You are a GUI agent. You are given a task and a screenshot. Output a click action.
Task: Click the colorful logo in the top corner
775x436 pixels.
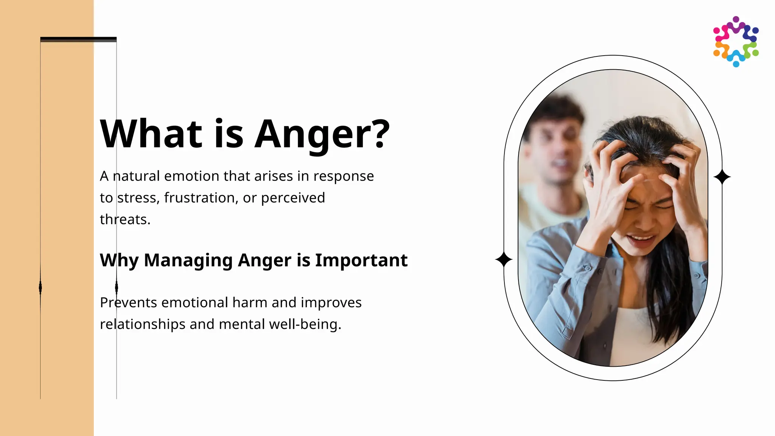tap(736, 42)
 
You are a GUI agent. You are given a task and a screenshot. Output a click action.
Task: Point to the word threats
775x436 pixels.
tap(125, 220)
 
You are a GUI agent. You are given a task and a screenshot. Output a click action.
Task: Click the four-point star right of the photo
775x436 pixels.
tap(722, 177)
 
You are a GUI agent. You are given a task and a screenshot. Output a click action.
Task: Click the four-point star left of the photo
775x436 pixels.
tap(504, 260)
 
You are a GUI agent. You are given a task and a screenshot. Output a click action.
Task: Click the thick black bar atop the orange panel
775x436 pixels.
tap(78, 39)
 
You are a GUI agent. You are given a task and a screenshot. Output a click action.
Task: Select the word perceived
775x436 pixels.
tap(293, 198)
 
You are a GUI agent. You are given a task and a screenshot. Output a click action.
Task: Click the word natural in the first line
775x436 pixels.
tap(136, 176)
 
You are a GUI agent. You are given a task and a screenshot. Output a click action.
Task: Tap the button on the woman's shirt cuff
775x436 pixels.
tap(588, 268)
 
